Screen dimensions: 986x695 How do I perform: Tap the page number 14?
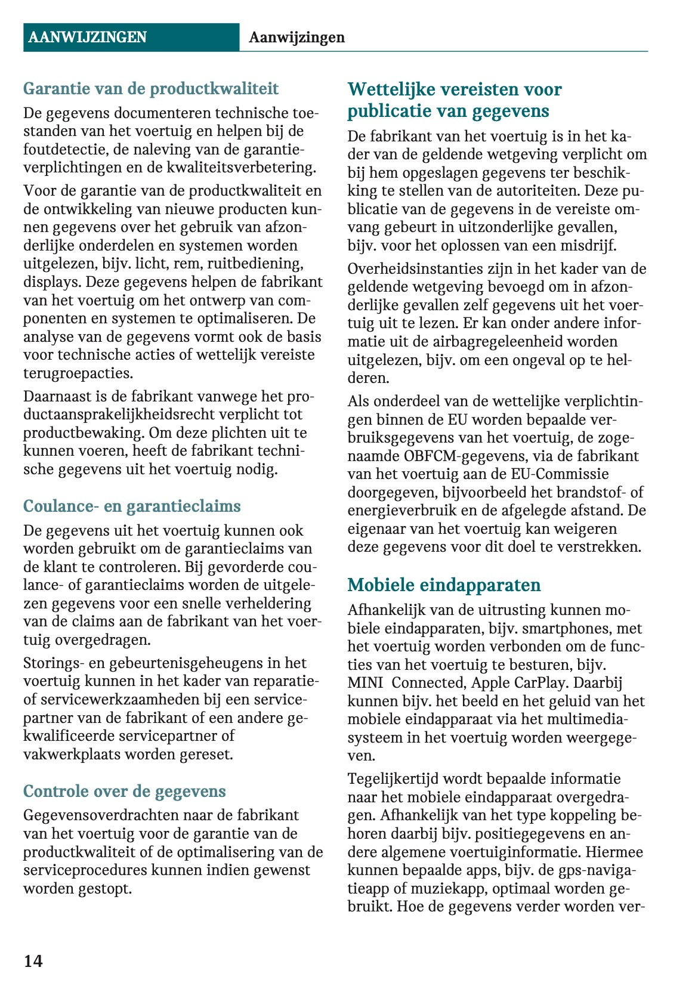(33, 960)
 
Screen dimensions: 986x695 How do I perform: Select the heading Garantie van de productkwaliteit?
(151, 89)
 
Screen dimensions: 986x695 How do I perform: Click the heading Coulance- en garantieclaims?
(132, 506)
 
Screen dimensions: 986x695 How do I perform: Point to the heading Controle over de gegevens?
(125, 791)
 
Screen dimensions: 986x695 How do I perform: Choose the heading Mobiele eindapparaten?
(444, 585)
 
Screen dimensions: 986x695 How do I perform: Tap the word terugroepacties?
(78, 373)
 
